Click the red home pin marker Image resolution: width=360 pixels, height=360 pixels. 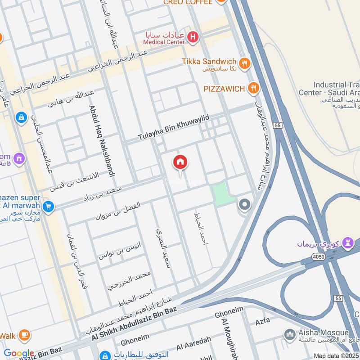tap(180, 163)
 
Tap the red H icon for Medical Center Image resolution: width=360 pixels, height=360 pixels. tap(193, 37)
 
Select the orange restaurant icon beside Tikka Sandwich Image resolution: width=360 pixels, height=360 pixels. tap(245, 63)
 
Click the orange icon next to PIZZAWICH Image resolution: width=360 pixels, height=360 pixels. tap(254, 88)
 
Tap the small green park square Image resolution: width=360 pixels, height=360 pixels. tap(222, 194)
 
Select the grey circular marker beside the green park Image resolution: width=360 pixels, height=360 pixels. tap(245, 205)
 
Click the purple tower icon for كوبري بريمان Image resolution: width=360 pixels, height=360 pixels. tap(348, 243)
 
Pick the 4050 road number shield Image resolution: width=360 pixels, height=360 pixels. tap(318, 256)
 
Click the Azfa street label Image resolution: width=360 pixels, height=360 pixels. tap(263, 323)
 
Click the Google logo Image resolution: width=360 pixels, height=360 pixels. tap(19, 353)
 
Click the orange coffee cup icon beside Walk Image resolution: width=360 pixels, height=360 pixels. tap(25, 335)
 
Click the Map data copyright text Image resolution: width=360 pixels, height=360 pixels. tap(336, 355)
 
